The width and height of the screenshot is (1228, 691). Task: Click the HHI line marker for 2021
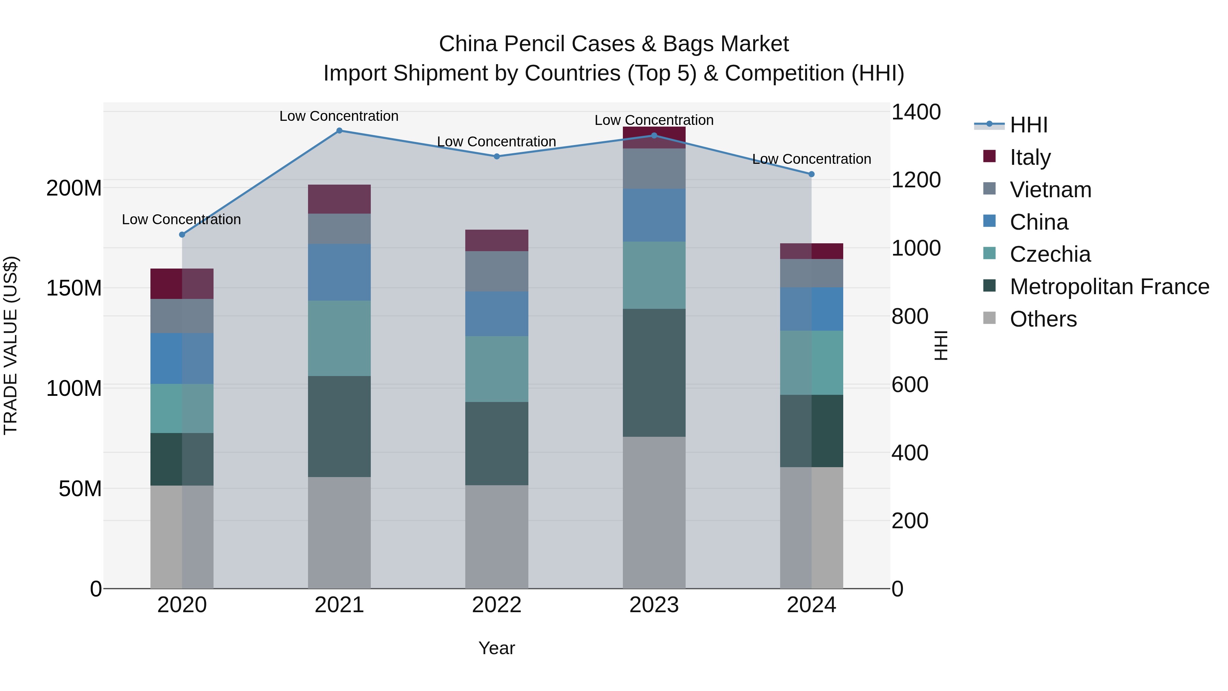pyautogui.click(x=339, y=131)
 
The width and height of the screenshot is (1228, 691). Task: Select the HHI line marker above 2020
pyautogui.click(x=181, y=235)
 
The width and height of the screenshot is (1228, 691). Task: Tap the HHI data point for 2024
pyautogui.click(x=812, y=174)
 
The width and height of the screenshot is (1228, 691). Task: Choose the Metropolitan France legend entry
pyautogui.click(x=1109, y=287)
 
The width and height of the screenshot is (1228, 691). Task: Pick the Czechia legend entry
pyautogui.click(x=1050, y=254)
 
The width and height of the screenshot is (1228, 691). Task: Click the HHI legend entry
pyautogui.click(x=1028, y=125)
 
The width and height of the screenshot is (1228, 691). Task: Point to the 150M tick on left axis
pyautogui.click(x=74, y=288)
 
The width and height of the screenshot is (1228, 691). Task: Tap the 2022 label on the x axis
pyautogui.click(x=496, y=605)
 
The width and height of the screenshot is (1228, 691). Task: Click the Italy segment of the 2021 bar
pyautogui.click(x=339, y=199)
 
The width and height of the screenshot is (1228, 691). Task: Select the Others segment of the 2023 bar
pyautogui.click(x=654, y=513)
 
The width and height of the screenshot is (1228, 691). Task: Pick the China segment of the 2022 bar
pyautogui.click(x=496, y=314)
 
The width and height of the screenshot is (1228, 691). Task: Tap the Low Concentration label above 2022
pyautogui.click(x=496, y=142)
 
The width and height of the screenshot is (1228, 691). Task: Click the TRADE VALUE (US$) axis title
pyautogui.click(x=11, y=345)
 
